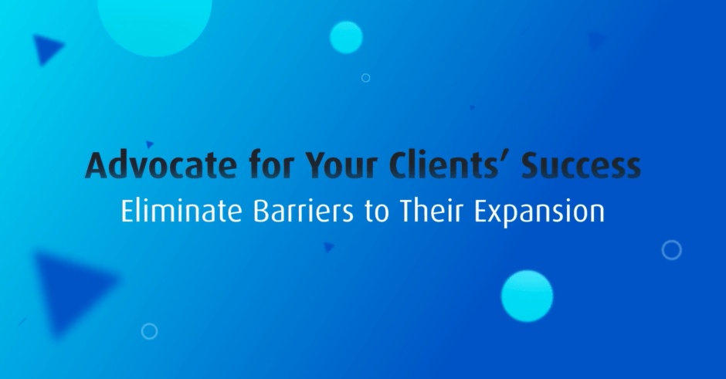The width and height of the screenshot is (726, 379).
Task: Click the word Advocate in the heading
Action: pos(161,165)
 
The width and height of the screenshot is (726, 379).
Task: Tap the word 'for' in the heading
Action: pos(270,164)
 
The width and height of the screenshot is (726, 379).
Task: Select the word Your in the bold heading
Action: pos(341,165)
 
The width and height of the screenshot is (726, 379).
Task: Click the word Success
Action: pos(581,165)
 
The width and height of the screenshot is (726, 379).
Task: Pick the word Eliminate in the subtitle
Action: pos(181,211)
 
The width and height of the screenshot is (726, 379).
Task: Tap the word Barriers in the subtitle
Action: pos(304,211)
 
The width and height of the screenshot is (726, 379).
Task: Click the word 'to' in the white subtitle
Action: pos(376,212)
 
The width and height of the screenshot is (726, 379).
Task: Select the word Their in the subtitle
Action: pos(431,211)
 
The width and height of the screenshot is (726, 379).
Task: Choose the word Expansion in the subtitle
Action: pos(539,212)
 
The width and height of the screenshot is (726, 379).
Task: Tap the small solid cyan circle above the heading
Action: pos(346,38)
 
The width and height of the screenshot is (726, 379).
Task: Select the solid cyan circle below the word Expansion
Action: pos(527,296)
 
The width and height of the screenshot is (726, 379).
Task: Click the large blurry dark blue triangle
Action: pos(70,287)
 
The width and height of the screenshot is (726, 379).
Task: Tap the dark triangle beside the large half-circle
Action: pos(46,49)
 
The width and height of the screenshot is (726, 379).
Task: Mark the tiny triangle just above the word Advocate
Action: pos(150,144)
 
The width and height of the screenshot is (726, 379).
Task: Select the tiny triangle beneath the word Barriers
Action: pos(328,247)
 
